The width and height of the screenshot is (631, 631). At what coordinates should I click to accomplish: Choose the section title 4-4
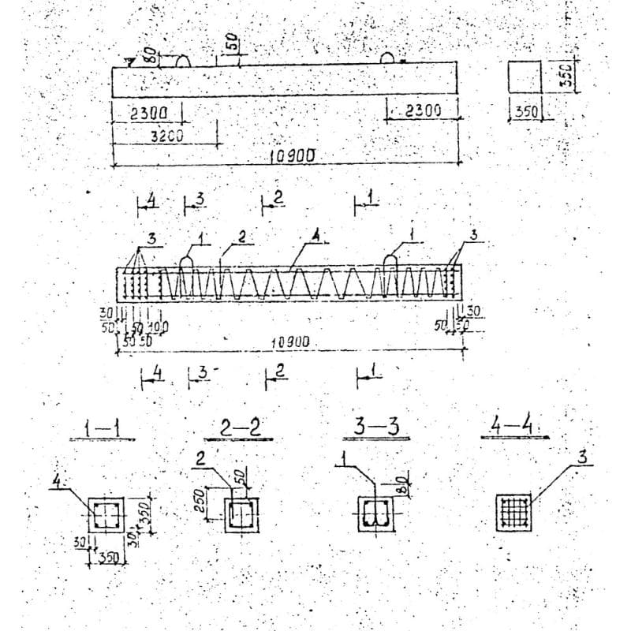click(x=513, y=426)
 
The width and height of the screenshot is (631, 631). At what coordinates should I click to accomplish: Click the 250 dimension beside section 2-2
click(x=200, y=502)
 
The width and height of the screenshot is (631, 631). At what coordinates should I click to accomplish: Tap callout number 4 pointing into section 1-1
click(x=57, y=480)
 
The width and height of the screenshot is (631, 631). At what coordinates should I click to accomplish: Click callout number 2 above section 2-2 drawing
click(x=200, y=457)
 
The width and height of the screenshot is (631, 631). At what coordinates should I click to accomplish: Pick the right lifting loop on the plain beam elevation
click(x=388, y=58)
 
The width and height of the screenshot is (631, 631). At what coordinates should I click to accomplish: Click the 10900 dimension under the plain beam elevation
click(x=292, y=156)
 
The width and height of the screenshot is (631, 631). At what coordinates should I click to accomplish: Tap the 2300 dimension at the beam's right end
click(x=423, y=111)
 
